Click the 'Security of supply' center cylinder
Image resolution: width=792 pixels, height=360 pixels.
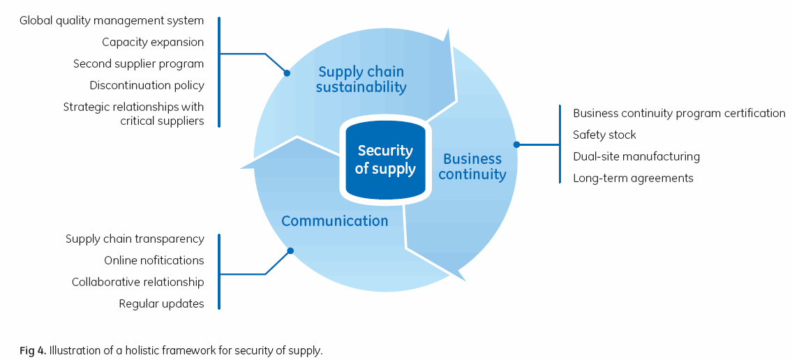point(385,160)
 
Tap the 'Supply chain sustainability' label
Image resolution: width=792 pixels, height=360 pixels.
point(361,80)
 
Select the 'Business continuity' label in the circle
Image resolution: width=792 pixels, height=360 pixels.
point(472,167)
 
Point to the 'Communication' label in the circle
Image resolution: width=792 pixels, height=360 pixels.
point(334,221)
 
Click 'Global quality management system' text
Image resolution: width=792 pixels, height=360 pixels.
point(112,21)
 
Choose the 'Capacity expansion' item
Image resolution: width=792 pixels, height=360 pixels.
point(153,43)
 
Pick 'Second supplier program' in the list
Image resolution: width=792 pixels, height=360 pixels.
point(139,64)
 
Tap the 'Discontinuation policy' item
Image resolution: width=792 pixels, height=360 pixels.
point(147,86)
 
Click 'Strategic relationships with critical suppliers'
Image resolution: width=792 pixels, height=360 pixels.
point(133,114)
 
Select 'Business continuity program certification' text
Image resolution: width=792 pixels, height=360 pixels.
point(679,113)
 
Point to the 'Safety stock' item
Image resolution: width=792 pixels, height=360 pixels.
point(604,135)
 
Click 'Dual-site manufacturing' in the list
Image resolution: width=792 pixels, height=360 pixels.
point(636,156)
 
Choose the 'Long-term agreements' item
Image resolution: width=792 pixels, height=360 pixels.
point(633,178)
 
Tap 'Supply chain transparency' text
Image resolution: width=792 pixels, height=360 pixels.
point(135,239)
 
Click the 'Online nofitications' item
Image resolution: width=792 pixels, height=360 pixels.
point(154,260)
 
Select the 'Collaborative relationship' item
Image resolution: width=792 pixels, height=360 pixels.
point(137,282)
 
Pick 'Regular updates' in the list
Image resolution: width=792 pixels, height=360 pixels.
point(161,303)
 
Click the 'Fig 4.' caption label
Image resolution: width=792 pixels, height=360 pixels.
point(33,350)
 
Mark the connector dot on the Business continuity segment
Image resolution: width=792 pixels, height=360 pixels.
point(516,145)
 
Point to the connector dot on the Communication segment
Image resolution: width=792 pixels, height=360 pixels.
point(290,250)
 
